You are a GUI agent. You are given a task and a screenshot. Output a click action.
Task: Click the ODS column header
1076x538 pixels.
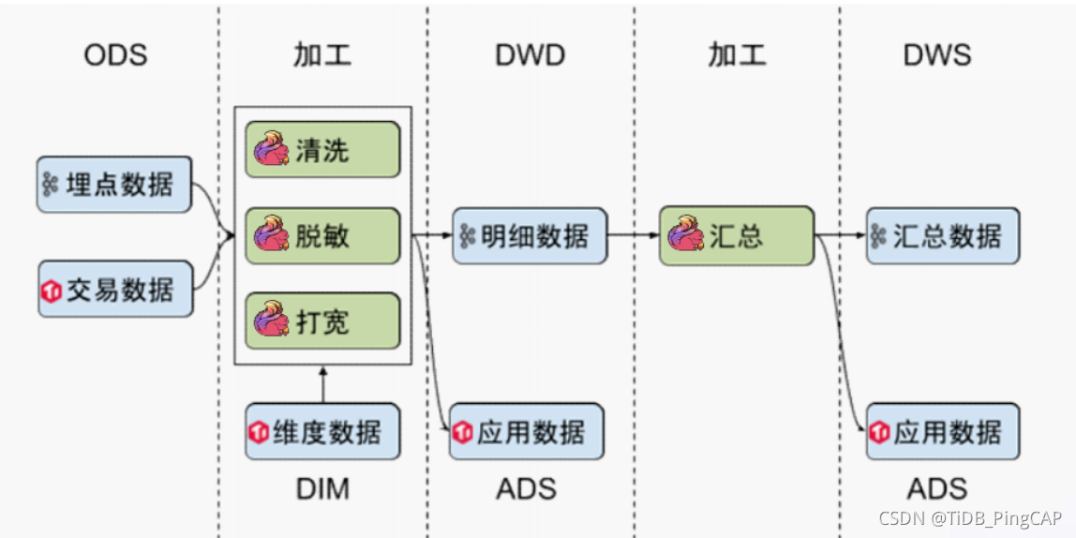point(115,54)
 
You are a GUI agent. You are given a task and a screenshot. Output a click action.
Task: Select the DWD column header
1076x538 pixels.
point(530,54)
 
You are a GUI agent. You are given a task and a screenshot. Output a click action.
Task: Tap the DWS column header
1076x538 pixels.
point(936,54)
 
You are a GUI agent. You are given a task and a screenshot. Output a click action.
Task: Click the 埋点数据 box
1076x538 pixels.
point(114,184)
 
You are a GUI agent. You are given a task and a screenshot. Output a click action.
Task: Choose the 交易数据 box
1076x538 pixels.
point(114,289)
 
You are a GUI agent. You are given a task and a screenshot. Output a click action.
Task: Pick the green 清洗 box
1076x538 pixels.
point(322,150)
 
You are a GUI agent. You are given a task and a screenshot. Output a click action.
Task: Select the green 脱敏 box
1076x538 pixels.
point(322,235)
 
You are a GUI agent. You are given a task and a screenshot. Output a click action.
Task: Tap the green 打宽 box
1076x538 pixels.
point(322,321)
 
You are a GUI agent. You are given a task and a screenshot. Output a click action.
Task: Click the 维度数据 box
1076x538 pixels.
point(322,431)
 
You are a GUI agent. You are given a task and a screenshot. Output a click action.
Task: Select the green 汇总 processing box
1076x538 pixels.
point(736,235)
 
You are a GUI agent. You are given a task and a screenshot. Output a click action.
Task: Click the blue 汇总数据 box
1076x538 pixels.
point(942,235)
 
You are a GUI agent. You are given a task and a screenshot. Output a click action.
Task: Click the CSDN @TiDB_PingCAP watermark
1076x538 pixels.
point(972,518)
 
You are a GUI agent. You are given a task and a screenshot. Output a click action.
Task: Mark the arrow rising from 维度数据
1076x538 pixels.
point(322,384)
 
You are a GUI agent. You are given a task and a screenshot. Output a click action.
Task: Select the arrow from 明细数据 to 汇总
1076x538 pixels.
point(633,235)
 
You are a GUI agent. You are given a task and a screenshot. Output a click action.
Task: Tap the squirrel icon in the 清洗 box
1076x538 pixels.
point(270,150)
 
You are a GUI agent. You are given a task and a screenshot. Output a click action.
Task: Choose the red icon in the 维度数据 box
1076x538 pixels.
point(259,432)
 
